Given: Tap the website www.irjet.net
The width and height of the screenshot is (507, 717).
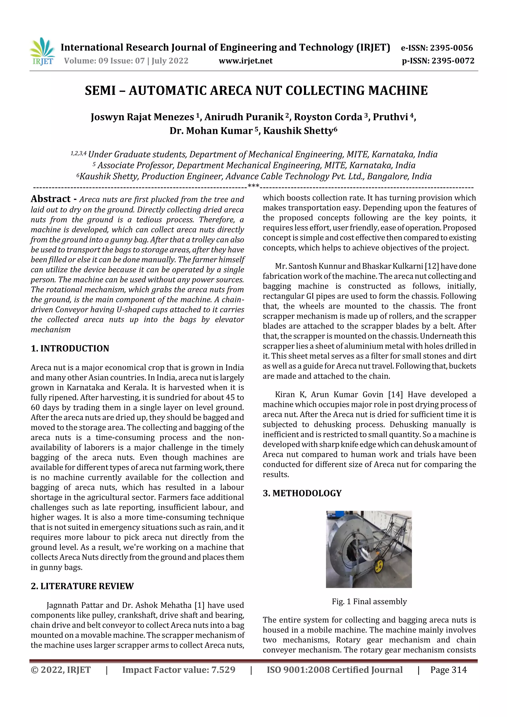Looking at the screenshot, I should pyautogui.click(x=246, y=61).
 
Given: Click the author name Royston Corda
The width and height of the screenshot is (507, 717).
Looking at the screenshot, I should pyautogui.click(x=328, y=117).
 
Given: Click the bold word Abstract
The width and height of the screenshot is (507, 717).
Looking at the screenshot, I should pyautogui.click(x=51, y=199).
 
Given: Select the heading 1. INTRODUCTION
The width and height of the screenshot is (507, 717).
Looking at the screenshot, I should pyautogui.click(x=70, y=348).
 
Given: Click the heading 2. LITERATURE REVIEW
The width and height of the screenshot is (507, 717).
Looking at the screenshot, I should pyautogui.click(x=82, y=586).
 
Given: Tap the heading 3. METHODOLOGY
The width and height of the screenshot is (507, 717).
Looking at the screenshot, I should pyautogui.click(x=302, y=494).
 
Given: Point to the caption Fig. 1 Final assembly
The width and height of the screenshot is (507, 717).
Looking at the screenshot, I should pyautogui.click(x=369, y=601).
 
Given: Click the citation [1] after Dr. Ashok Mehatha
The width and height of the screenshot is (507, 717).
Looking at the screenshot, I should pyautogui.click(x=199, y=605).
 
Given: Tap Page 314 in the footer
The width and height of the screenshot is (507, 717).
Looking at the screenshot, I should pyautogui.click(x=448, y=670).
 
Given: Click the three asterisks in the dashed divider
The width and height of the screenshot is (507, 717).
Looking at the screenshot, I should pyautogui.click(x=253, y=186).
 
